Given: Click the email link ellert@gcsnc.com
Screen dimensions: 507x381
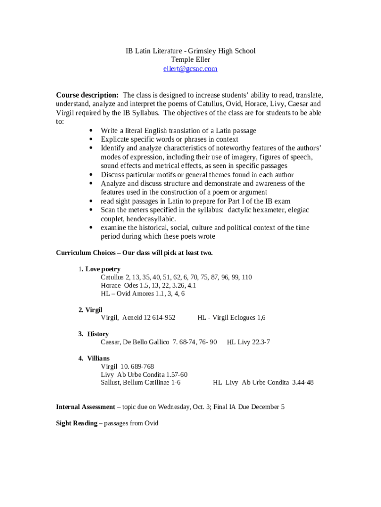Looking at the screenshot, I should click(190, 69).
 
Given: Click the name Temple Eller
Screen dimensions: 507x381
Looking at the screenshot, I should click(190, 60).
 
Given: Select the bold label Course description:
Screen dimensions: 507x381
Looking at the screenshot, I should click(87, 95).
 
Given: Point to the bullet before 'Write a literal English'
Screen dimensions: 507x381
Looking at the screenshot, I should click(92, 131).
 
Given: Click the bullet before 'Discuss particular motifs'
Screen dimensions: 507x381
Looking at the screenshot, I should click(92, 175).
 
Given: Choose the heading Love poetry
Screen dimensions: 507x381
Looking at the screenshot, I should click(103, 269).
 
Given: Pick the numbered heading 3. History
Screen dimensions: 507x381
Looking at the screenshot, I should click(94, 334).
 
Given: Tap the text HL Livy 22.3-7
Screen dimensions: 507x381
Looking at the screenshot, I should click(248, 342).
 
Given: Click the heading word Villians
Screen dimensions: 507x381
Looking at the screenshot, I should click(98, 358).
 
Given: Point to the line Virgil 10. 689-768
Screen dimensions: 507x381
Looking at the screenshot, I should click(127, 366).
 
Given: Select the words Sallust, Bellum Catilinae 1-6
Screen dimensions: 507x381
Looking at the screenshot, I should click(141, 383).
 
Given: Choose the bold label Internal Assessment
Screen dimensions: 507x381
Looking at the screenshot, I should click(85, 407).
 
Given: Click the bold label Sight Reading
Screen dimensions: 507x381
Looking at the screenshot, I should click(77, 423).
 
